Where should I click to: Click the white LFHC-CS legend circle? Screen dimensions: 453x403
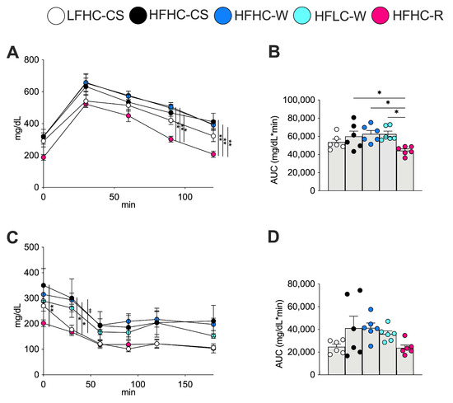pos(56,16)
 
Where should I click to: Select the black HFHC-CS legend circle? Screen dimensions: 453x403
pos(138,15)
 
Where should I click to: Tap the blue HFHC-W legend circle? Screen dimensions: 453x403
pos(222,16)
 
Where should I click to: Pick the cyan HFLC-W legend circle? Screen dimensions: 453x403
pos(302,16)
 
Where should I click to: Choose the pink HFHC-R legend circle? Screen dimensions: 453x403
pos(381,16)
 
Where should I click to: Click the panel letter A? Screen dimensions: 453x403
pos(12,53)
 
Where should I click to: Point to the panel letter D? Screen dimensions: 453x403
pos(273,237)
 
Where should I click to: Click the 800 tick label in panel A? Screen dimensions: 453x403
pos(31,60)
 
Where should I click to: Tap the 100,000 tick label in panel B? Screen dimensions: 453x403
pos(299,100)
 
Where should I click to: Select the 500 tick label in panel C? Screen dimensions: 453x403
pos(31,247)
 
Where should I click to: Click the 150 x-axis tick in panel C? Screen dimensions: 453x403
pos(184,384)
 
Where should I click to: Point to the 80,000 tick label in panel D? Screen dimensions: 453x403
pos(301,284)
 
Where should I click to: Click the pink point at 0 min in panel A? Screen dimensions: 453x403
pos(44,157)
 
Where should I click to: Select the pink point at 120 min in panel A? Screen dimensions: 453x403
pos(213,154)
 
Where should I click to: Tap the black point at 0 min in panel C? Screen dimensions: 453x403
pos(44,285)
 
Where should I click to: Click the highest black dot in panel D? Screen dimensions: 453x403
pos(360,290)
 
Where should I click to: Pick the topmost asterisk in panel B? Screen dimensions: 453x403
pos(380,93)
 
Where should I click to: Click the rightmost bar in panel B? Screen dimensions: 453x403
pos(405,170)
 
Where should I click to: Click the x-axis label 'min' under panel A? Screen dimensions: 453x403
pos(128,204)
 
